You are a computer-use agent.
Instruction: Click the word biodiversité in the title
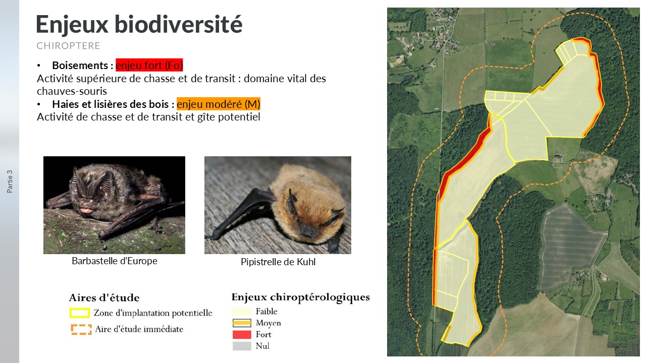179,24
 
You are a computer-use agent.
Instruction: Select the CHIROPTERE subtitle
68,45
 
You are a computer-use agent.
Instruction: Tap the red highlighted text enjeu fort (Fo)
149,65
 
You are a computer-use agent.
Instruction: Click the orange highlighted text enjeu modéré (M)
219,104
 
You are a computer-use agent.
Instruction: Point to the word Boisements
80,66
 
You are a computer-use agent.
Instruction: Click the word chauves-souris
72,91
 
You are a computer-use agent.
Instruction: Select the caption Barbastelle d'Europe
115,261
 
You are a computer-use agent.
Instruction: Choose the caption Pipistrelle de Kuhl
278,262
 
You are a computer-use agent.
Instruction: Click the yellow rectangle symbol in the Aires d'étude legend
79,313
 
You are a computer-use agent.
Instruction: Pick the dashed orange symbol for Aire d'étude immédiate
81,330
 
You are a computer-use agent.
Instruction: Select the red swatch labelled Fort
242,334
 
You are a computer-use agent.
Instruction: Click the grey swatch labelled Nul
242,346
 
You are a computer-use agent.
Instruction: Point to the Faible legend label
266,312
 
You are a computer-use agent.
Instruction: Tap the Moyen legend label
268,323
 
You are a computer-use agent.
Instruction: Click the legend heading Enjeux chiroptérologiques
300,297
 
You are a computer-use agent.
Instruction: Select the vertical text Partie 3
10,181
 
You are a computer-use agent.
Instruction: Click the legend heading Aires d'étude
104,297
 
